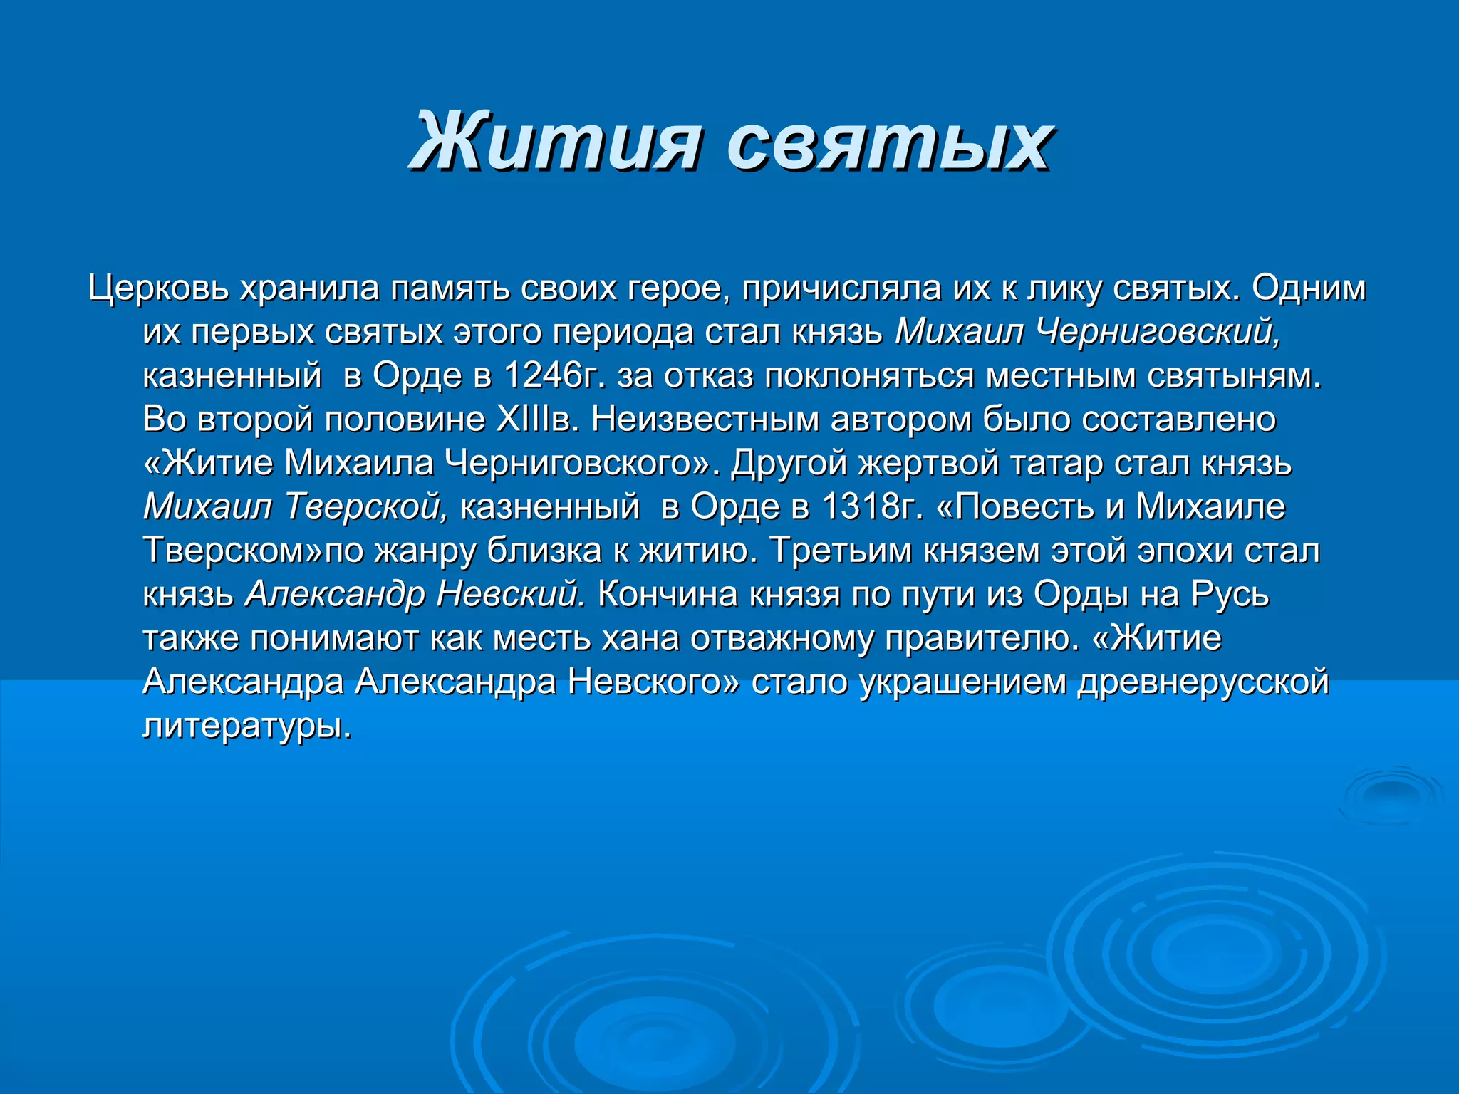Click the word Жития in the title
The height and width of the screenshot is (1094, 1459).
556,142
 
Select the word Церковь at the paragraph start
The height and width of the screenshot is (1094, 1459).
158,288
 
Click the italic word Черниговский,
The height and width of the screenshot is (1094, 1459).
1158,332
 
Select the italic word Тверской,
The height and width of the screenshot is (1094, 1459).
367,506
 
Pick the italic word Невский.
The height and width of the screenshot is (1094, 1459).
511,594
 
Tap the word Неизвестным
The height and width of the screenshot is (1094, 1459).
705,419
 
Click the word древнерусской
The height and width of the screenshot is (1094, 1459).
1203,682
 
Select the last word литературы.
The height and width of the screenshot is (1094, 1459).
247,726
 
